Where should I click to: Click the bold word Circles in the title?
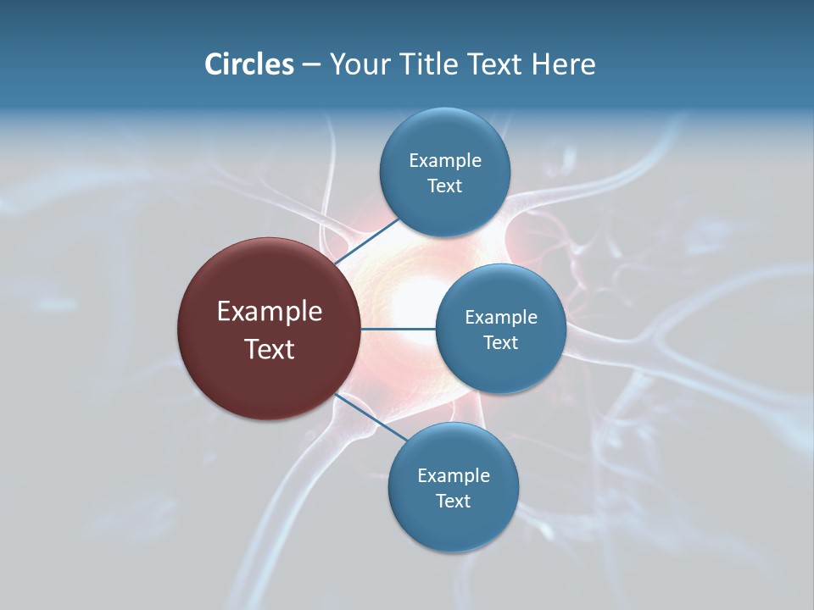248,64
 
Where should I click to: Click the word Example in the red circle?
269,312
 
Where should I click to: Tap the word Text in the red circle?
269,349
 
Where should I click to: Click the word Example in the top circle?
444,160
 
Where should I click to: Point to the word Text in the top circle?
444,186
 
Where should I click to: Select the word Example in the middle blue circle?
500,317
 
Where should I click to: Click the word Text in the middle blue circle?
500,342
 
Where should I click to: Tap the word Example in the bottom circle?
453,475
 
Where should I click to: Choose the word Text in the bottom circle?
453,501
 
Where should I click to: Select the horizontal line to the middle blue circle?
398,329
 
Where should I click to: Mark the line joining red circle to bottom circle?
371,417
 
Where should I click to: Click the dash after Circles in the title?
310,64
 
